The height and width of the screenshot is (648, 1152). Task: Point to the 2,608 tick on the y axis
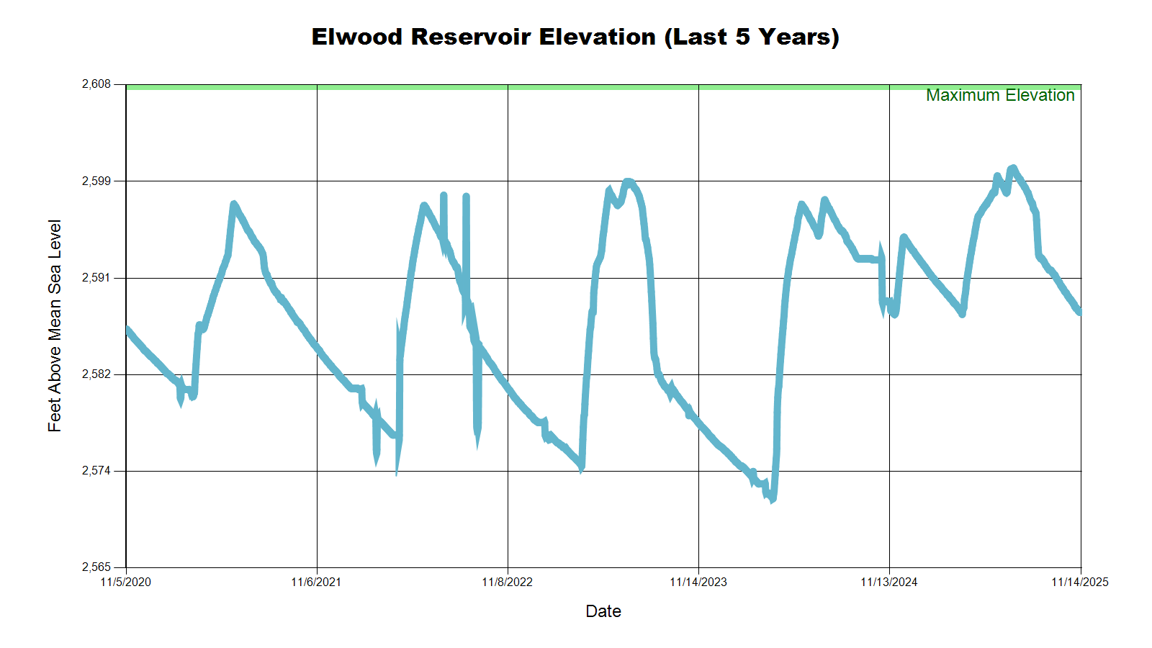click(x=96, y=84)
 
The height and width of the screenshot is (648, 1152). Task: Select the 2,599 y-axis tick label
click(x=96, y=181)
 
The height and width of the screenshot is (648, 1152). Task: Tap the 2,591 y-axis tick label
click(x=96, y=277)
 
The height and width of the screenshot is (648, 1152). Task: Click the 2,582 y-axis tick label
click(x=96, y=374)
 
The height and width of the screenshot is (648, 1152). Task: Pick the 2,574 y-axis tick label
click(x=96, y=471)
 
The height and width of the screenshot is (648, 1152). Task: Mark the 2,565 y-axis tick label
click(x=96, y=567)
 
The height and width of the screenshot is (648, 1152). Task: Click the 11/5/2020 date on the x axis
click(x=126, y=582)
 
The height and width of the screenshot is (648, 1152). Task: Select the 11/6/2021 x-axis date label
click(x=316, y=582)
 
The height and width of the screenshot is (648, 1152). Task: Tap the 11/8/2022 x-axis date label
click(x=507, y=582)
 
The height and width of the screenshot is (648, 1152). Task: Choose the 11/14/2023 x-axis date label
click(x=698, y=582)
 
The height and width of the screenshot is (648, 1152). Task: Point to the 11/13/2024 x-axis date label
click(x=889, y=582)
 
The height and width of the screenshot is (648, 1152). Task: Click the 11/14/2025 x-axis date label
click(x=1079, y=582)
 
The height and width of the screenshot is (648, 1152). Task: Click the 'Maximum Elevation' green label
click(x=1000, y=96)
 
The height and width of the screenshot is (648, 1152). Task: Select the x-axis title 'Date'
click(x=603, y=611)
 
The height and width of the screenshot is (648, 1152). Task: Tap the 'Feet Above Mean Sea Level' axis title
click(x=55, y=325)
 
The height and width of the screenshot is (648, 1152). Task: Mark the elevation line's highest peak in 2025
click(x=1013, y=168)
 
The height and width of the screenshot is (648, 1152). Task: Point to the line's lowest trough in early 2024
click(x=771, y=498)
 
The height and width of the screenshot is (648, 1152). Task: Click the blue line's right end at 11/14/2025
click(x=1079, y=312)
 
